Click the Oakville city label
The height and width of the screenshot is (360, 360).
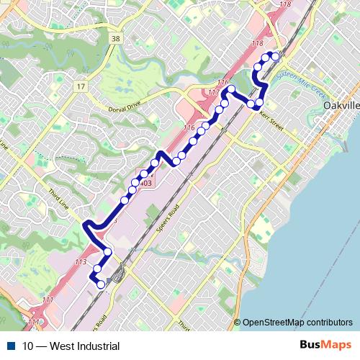342,105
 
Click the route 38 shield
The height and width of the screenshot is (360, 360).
115,37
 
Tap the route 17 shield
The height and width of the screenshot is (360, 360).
79,86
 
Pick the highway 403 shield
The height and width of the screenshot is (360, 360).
145,184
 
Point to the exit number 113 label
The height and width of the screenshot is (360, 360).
81,261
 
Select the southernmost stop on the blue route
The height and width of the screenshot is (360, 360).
101,284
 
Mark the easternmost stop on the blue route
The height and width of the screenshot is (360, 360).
276,55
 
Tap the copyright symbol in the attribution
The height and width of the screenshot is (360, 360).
238,323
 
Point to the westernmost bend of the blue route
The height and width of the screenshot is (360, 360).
86,225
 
